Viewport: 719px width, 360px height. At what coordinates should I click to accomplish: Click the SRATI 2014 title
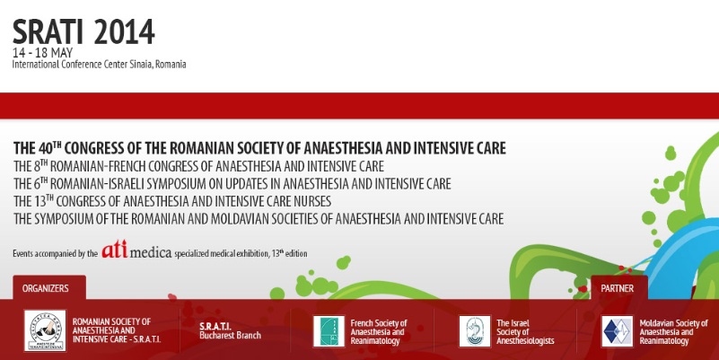click(83, 32)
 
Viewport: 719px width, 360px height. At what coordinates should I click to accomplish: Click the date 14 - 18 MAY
click(43, 53)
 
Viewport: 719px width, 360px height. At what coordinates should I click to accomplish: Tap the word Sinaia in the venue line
click(140, 65)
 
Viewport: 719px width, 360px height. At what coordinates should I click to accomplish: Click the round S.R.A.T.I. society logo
click(45, 330)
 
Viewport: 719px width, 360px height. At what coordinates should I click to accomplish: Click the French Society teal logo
click(329, 331)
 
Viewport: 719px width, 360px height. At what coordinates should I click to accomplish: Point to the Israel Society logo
click(475, 331)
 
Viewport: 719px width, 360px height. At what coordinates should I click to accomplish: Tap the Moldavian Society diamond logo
click(618, 331)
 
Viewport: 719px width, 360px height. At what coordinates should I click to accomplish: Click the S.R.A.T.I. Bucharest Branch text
click(230, 330)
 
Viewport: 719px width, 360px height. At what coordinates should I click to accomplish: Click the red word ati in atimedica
click(115, 250)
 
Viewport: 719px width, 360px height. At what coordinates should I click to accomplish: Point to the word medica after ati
click(151, 252)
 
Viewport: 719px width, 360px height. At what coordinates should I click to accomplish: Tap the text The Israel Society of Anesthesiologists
click(525, 332)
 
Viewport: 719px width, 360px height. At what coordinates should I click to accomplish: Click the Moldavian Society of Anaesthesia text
click(673, 332)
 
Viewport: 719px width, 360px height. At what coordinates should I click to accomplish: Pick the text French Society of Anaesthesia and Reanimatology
click(379, 332)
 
